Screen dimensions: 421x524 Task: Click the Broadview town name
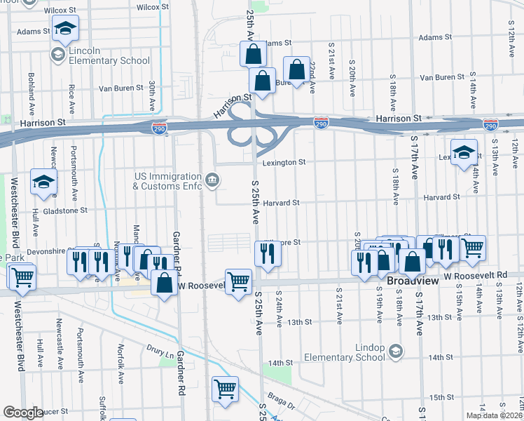(413, 281)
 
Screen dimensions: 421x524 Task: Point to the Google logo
(23, 413)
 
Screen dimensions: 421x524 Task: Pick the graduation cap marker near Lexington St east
(464, 152)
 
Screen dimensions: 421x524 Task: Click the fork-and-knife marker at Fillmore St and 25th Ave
(267, 253)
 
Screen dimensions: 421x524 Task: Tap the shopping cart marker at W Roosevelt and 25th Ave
(239, 281)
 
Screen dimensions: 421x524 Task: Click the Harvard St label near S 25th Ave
(282, 203)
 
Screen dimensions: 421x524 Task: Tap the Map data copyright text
(494, 415)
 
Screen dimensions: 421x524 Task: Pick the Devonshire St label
(50, 251)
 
